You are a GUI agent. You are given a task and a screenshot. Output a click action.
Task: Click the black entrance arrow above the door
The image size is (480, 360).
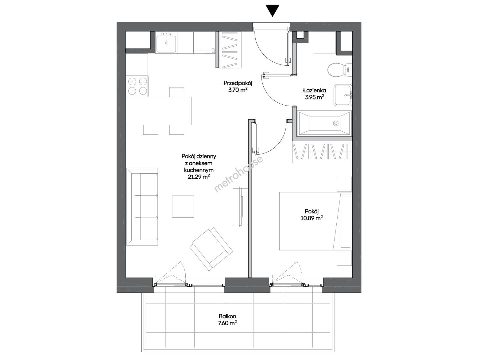coord(272,10)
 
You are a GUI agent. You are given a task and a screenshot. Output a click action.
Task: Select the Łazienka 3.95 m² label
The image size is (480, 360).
coord(315,94)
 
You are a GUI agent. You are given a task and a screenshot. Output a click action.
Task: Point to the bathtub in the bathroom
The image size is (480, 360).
coord(324,123)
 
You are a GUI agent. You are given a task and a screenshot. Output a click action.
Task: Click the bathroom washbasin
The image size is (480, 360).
coord(343,95)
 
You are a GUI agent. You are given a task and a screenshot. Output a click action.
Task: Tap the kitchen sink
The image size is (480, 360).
coord(166,43)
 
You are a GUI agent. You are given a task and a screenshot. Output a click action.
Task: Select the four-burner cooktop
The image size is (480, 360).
coord(137,86)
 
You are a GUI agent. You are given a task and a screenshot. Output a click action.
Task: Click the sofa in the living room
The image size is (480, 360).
coord(142,207)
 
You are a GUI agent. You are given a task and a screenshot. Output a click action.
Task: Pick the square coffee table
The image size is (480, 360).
coord(183,206)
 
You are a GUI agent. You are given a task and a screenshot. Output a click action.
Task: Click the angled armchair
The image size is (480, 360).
coord(211,249)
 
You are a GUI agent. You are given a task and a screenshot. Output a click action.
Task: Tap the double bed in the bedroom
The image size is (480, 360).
coord(315,221)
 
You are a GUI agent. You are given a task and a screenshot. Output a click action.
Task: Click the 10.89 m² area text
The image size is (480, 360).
coord(312,218)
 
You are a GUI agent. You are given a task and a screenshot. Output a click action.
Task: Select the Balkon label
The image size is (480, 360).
coord(227,316)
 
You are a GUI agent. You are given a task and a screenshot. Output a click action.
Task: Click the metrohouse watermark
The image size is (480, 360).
coord(238,174)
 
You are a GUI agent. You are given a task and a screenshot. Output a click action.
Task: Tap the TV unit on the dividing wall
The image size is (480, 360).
coord(241,206)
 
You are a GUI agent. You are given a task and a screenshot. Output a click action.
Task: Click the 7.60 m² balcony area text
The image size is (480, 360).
coord(227,323)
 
